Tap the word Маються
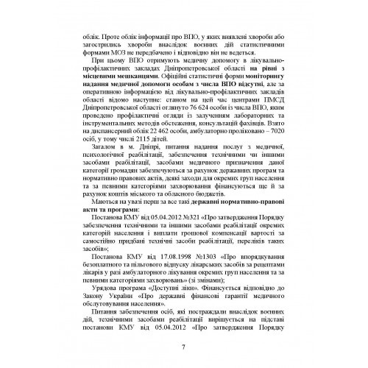pyautogui.click(x=102, y=212)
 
